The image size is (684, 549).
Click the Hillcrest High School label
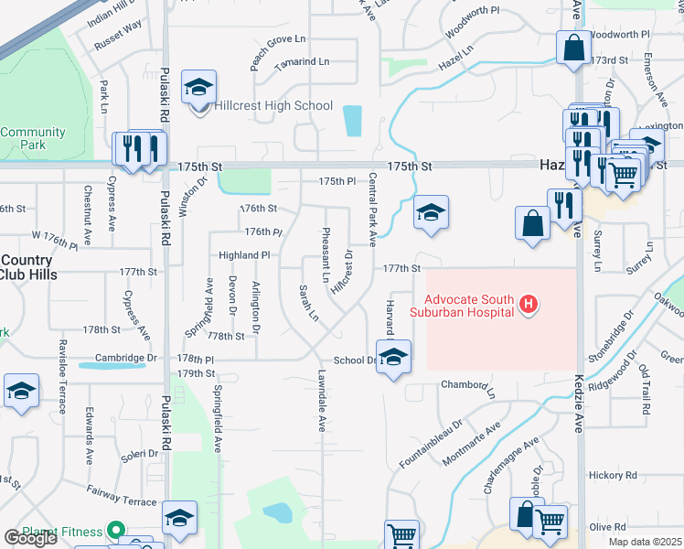pyautogui.click(x=273, y=106)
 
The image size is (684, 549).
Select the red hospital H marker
pyautogui.click(x=527, y=304)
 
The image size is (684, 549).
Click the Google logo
pyautogui.click(x=30, y=538)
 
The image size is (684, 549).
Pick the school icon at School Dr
pyautogui.click(x=393, y=358)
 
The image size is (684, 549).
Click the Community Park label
pyautogui.click(x=33, y=138)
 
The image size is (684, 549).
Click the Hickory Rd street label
pyautogui.click(x=613, y=475)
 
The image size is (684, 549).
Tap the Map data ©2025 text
pyautogui.click(x=645, y=542)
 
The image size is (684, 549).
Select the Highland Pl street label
pyautogui.click(x=244, y=255)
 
